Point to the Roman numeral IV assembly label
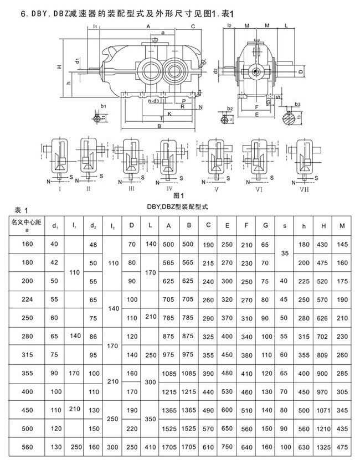169,188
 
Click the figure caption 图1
178,195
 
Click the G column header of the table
265,225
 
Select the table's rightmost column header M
343,225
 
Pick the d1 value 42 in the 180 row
54,262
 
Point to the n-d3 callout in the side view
155,101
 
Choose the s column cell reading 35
285,253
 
